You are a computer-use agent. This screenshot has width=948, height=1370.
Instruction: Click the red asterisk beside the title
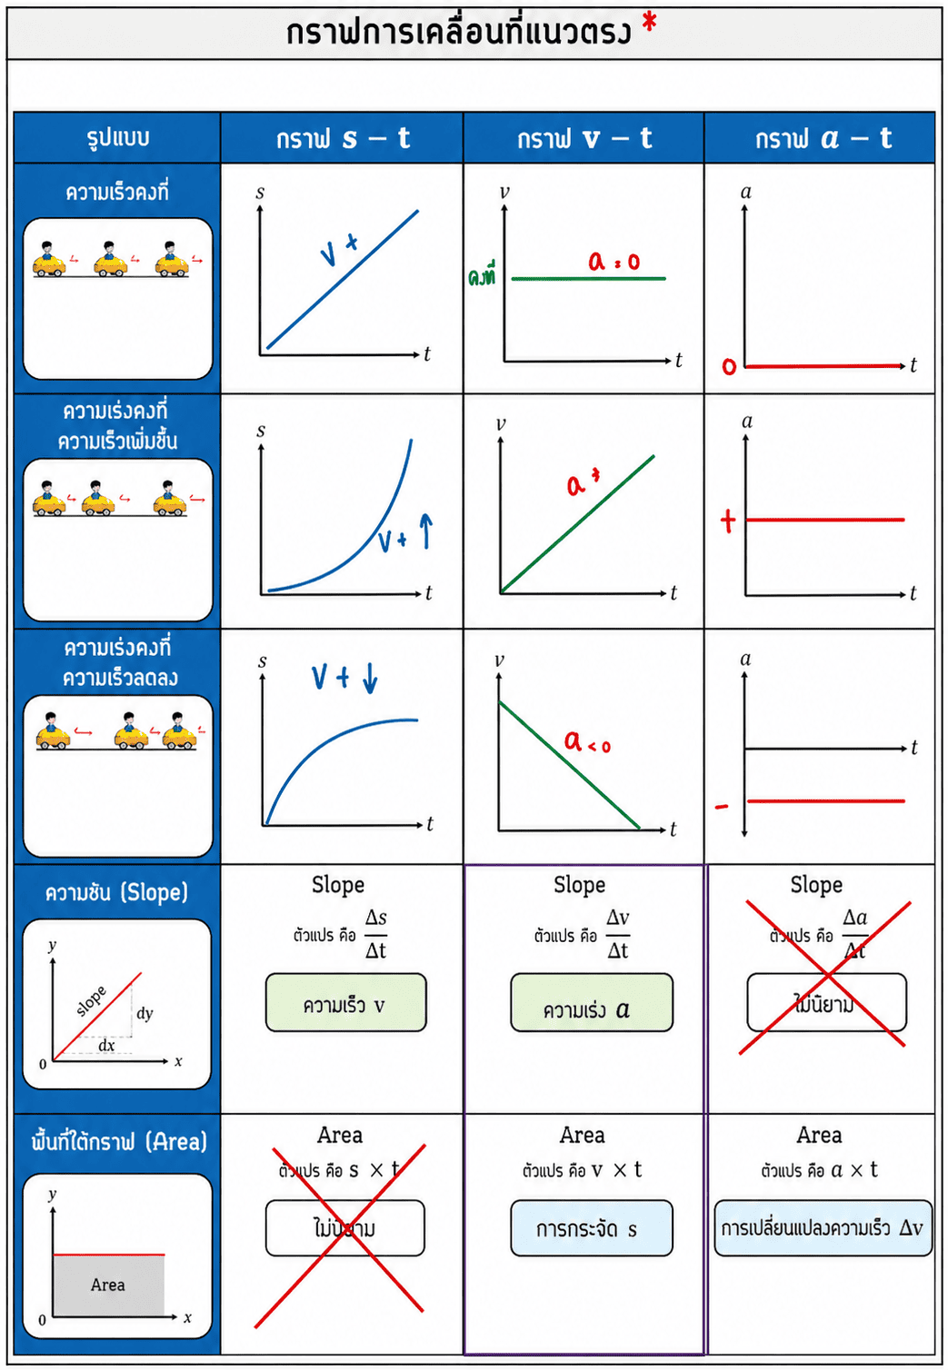point(649,23)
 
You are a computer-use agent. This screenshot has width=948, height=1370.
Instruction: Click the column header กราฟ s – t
point(343,138)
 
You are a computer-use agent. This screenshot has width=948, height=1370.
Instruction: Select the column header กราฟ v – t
point(584,138)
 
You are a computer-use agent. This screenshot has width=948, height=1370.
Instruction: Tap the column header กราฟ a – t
point(823,138)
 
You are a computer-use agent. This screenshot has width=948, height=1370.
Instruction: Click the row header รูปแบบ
point(117,138)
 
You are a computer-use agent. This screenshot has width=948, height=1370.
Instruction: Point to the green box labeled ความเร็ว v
point(345,1003)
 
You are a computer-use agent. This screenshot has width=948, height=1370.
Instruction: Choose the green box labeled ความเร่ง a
point(592,1003)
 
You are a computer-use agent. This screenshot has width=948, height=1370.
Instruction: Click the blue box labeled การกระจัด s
point(591,1229)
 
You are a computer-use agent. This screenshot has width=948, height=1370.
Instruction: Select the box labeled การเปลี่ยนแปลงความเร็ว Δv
point(823,1229)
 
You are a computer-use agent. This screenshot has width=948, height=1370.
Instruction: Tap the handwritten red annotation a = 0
point(614,262)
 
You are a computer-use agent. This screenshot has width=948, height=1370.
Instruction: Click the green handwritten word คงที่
point(482,275)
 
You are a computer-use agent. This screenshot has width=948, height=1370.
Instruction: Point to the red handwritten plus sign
point(727,521)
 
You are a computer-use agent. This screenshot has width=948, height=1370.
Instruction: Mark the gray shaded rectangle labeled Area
point(108,1285)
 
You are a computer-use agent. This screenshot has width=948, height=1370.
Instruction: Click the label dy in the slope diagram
point(145,1013)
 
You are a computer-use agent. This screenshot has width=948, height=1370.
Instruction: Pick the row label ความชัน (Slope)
point(117,892)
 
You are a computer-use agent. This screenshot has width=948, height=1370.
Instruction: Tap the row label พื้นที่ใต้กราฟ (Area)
point(119,1141)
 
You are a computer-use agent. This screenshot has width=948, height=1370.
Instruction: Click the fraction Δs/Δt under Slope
point(375,934)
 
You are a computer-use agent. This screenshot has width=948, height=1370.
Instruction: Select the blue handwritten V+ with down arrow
point(344,677)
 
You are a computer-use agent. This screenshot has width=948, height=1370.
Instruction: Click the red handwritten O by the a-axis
point(729,366)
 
